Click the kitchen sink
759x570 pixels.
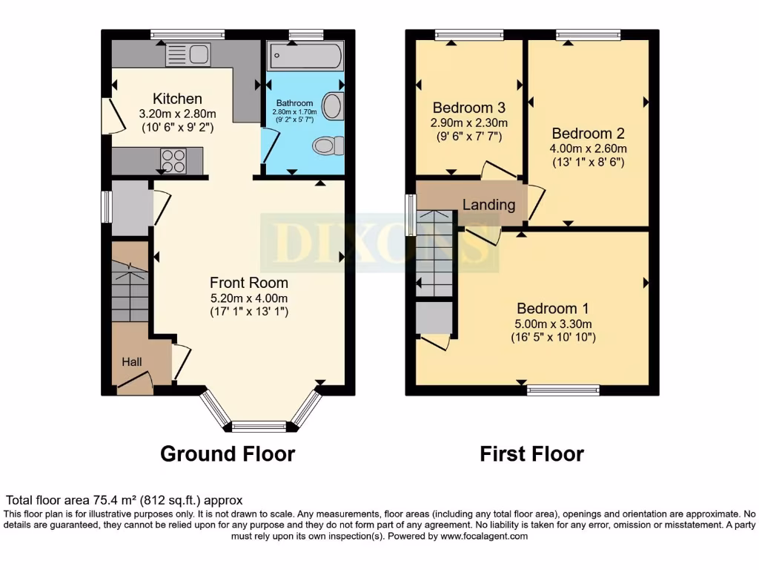point(188,53)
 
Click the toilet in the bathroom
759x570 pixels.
point(328,145)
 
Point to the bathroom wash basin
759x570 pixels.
point(334,106)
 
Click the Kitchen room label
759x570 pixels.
point(177,99)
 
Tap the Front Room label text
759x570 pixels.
point(248,283)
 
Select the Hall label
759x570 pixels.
point(132,362)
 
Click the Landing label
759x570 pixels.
point(488,204)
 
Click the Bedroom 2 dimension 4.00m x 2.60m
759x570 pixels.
point(588,148)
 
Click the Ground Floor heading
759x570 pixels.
point(228,453)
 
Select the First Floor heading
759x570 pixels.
point(531,453)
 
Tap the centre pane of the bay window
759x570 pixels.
point(259,426)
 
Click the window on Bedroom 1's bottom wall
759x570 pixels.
point(563,390)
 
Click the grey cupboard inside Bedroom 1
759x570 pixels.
point(434,318)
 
